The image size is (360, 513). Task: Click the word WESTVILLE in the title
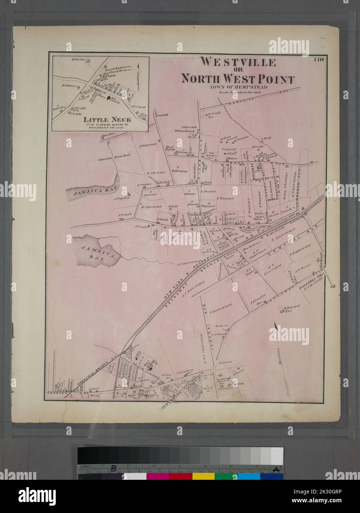[238, 62]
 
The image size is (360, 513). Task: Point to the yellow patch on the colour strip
[203, 476]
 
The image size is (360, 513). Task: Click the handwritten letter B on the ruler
[114, 469]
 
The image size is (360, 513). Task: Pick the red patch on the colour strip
[181, 476]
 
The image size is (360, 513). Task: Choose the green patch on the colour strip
[226, 476]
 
